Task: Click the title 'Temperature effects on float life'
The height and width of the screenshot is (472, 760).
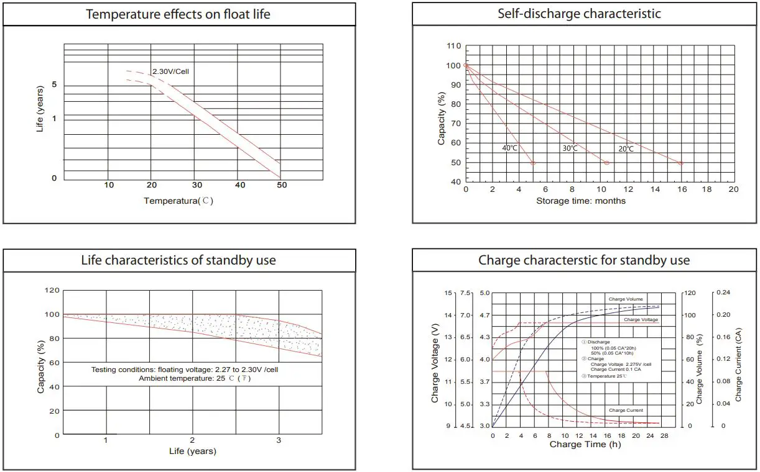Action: tap(178, 14)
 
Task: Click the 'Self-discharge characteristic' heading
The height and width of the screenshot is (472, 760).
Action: tap(579, 13)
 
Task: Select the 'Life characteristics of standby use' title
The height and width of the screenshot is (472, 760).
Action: tap(178, 260)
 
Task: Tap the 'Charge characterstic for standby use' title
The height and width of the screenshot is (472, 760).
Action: tap(584, 260)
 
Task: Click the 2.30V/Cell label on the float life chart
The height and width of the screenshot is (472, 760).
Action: tap(170, 71)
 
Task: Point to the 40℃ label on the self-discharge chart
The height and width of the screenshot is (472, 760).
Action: tap(509, 148)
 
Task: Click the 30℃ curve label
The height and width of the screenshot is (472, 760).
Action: tap(570, 149)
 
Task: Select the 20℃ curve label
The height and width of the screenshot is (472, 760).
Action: tap(626, 149)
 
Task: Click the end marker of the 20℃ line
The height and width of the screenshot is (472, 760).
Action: tap(680, 163)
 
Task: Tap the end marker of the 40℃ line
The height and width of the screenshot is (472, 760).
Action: tap(533, 163)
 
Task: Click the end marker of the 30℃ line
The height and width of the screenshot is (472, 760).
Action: tap(607, 163)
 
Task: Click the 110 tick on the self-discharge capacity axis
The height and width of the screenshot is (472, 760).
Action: tap(454, 47)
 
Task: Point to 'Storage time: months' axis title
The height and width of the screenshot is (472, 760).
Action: tap(581, 201)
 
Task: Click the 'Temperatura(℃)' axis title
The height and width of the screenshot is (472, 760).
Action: tap(178, 201)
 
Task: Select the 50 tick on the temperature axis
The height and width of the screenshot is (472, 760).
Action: tap(282, 185)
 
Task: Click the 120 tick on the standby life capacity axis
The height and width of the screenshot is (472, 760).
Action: tap(52, 291)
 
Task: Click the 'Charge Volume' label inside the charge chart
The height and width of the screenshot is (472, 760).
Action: tap(626, 299)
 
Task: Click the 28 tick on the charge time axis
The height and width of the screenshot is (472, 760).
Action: tap(664, 436)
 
